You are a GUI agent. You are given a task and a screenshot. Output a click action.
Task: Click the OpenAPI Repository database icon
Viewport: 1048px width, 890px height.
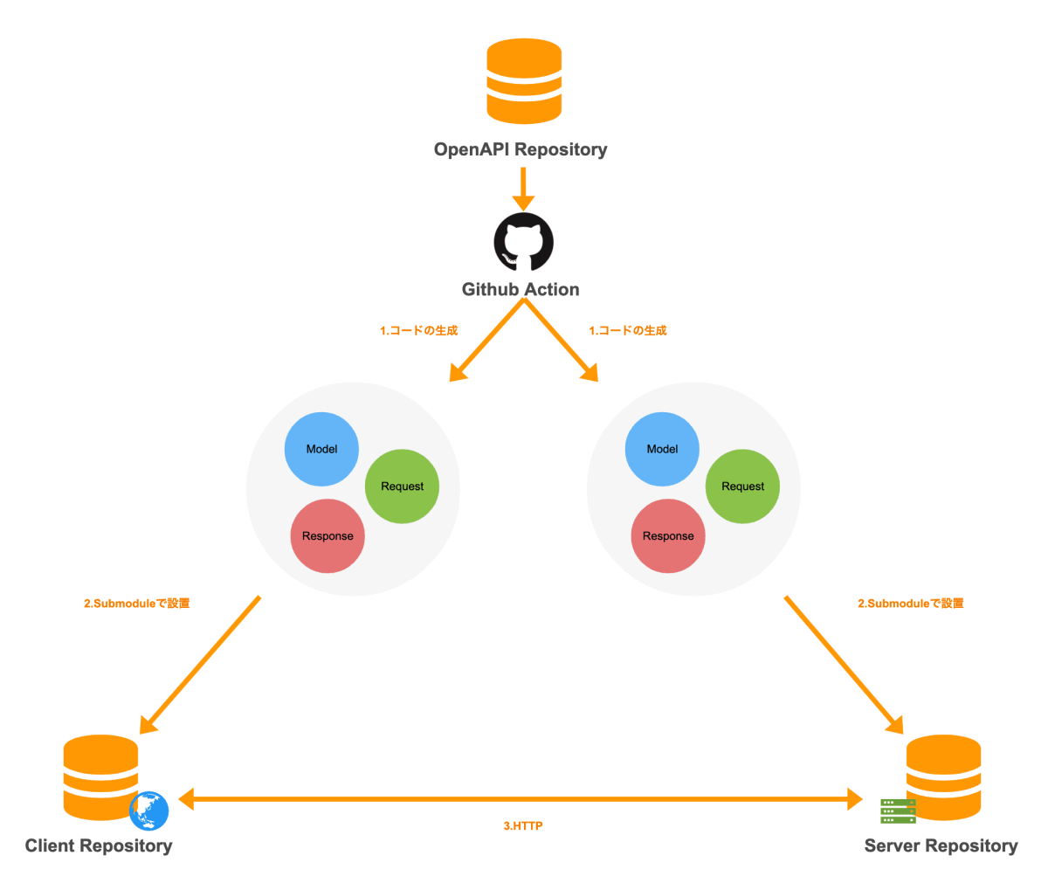[523, 81]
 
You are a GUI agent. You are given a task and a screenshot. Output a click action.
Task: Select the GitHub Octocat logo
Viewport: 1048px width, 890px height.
[523, 242]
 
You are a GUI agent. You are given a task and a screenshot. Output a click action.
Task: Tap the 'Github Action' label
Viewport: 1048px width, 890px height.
[521, 290]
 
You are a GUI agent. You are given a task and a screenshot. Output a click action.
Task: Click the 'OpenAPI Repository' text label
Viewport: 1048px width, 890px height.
[521, 149]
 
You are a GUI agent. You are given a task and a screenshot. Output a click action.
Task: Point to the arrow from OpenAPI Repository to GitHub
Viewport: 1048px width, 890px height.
[523, 187]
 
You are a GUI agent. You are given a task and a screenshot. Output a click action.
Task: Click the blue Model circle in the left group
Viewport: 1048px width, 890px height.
[321, 449]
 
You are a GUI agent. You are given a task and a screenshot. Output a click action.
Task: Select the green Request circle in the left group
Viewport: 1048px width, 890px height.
[402, 486]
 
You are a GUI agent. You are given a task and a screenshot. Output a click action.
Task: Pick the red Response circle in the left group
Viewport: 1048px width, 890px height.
[327, 536]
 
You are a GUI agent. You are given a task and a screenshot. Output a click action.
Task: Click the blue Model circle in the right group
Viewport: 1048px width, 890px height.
[662, 449]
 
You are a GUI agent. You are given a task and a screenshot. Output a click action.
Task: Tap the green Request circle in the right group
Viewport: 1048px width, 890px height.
[742, 486]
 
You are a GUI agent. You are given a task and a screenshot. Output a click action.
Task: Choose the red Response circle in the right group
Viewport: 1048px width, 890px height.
[668, 536]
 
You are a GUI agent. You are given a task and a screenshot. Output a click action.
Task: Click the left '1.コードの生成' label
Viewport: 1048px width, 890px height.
[418, 331]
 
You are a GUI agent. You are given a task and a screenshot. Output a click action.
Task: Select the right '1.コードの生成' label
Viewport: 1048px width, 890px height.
[627, 331]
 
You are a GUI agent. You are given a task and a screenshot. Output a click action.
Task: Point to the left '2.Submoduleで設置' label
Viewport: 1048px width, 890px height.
[136, 604]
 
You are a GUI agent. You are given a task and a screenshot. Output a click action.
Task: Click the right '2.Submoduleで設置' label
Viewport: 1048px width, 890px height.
[910, 604]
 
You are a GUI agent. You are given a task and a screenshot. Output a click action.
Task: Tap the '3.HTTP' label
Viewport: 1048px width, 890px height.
[523, 825]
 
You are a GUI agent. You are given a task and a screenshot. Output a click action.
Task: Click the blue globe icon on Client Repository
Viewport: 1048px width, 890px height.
[148, 811]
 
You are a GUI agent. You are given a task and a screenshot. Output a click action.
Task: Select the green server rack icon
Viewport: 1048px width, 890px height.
[898, 811]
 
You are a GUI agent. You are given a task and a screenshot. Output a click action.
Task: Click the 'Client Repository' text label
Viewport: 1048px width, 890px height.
[99, 845]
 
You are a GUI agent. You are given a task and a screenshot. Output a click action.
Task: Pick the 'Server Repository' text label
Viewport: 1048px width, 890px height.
[941, 845]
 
